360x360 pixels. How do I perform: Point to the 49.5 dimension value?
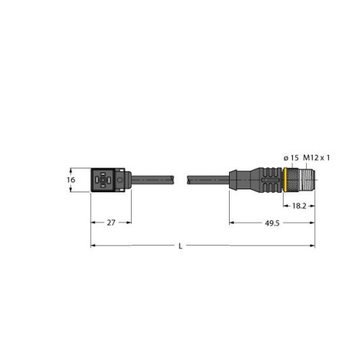coord(271,224)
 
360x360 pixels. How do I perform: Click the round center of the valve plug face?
coord(102,180)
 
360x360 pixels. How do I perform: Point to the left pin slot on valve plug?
coord(96,180)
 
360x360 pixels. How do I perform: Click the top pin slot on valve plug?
coord(102,174)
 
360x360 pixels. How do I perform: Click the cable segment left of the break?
coord(155,180)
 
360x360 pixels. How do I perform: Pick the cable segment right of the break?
coord(209,180)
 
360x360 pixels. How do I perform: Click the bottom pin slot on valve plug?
coord(102,186)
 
